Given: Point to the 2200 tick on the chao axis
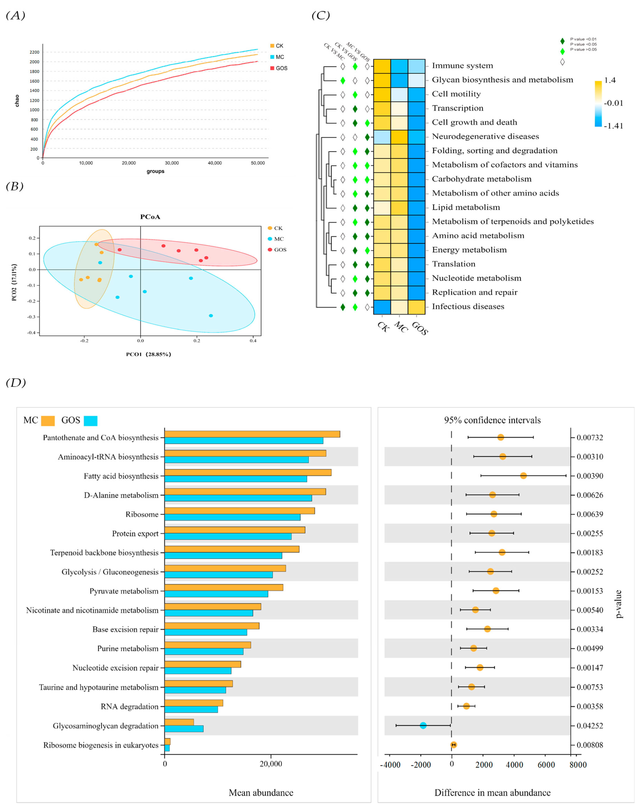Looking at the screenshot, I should point(35,52).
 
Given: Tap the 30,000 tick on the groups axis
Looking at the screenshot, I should point(172,163).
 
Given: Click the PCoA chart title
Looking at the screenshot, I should point(150,216).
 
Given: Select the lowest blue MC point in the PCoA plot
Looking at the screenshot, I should point(211,316).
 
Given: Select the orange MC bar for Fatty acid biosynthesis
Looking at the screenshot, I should point(248,472).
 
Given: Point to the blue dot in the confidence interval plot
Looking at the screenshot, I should point(423,725).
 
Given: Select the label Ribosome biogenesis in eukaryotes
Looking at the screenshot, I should point(101,745).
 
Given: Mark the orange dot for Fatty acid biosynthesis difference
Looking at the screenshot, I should point(523,476).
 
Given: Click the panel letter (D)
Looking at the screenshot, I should point(16,383).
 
